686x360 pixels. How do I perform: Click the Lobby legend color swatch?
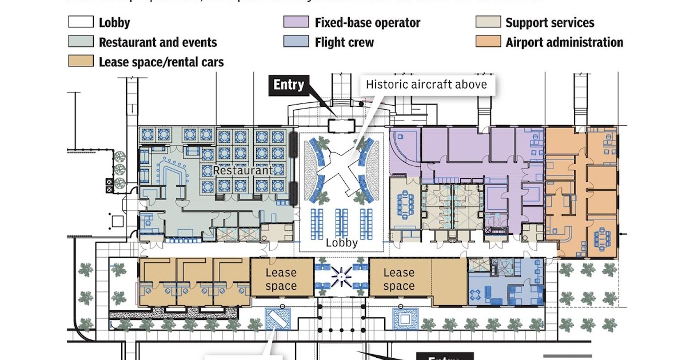(80, 23)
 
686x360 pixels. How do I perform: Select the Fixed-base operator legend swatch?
(296, 23)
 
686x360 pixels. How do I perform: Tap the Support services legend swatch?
(487, 23)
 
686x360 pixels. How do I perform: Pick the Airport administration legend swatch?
(487, 42)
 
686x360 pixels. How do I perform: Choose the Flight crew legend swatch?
(296, 42)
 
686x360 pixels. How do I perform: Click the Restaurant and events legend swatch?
(80, 42)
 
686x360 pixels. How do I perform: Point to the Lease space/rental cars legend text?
(161, 61)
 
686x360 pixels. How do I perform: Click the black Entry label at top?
(289, 85)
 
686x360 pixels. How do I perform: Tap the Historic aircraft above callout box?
(426, 85)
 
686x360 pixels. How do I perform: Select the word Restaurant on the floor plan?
(243, 170)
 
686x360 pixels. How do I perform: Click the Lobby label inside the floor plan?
(342, 242)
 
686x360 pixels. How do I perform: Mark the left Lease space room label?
(281, 279)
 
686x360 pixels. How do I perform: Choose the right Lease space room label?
(399, 279)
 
